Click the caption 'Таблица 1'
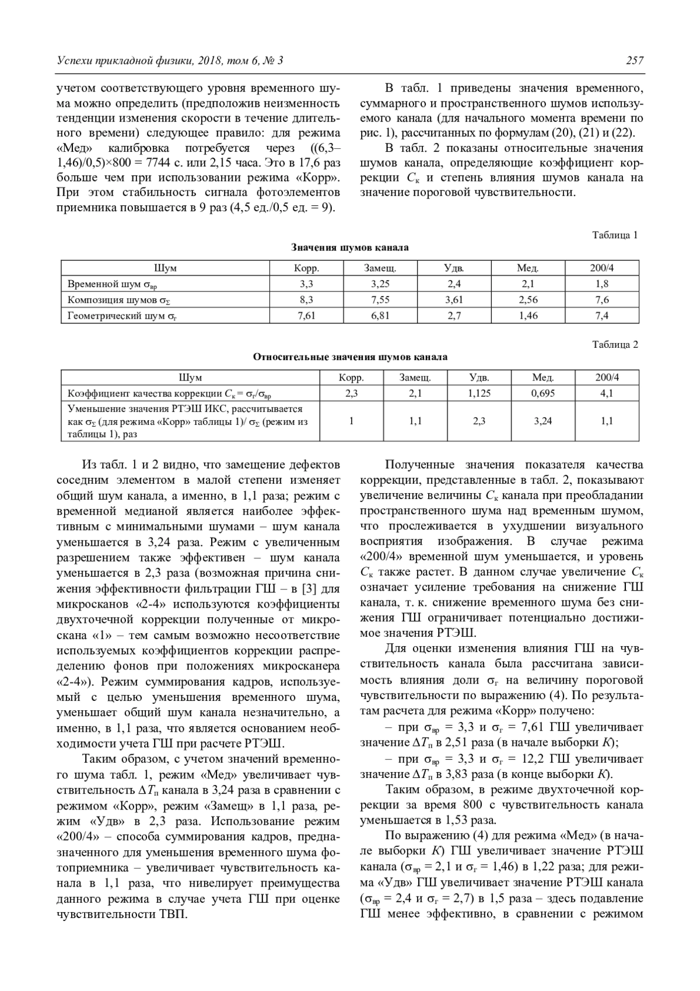(615, 235)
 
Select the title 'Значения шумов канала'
(350, 247)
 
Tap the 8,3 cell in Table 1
(306, 300)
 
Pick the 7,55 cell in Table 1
(380, 300)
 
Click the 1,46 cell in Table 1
(528, 316)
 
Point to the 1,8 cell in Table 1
(602, 284)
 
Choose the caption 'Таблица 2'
(615, 344)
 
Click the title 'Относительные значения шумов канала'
(350, 357)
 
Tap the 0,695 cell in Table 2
(543, 393)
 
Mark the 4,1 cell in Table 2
(607, 393)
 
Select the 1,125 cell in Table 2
(479, 393)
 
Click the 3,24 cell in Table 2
(543, 421)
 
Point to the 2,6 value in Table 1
(528, 300)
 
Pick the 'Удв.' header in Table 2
(479, 378)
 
